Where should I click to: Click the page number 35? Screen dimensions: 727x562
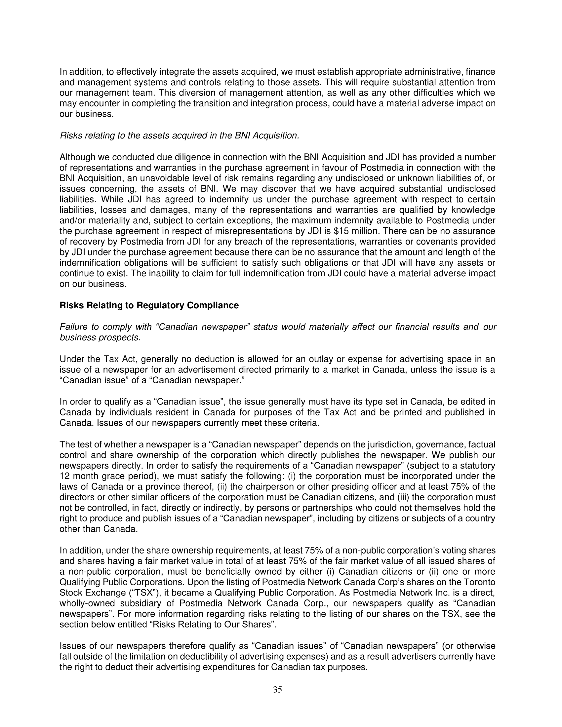(277, 689)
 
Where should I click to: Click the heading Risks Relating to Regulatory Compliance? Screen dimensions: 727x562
(149, 305)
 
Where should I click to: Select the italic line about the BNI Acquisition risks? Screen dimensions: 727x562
(179, 136)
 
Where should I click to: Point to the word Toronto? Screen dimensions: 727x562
(479, 582)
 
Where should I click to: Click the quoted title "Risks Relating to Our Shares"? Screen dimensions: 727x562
(213, 625)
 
